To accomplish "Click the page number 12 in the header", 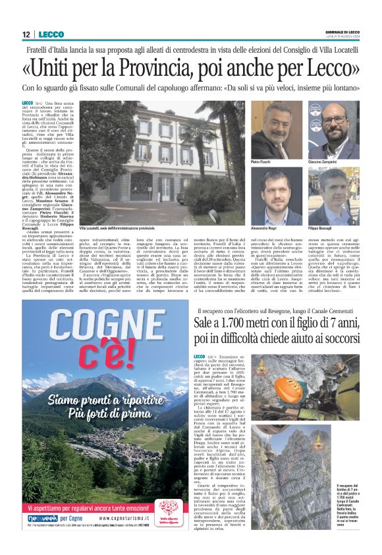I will (24, 34).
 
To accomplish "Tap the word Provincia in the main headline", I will (149, 69).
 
